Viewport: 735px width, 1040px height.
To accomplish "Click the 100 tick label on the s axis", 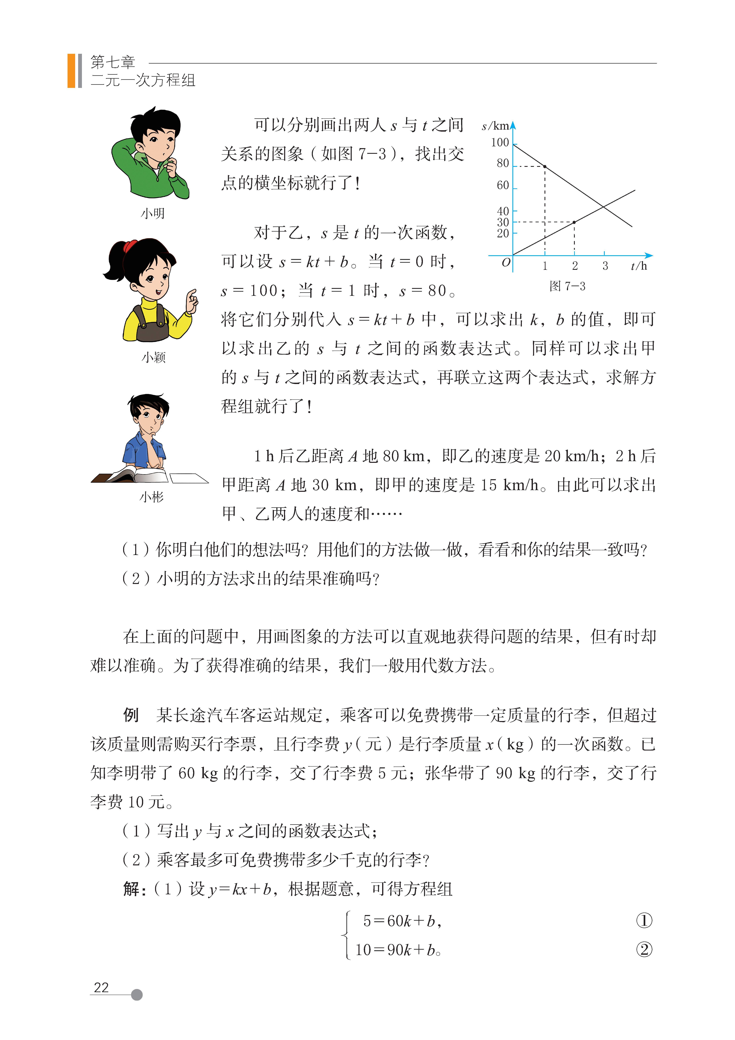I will tap(500, 143).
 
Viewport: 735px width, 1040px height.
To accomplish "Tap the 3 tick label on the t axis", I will tap(605, 266).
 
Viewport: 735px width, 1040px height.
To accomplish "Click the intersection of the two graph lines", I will tap(604, 207).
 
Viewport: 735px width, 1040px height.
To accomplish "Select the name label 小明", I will tap(153, 213).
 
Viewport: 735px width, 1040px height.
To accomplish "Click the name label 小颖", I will tap(154, 357).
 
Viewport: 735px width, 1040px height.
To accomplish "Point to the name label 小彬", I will tap(151, 497).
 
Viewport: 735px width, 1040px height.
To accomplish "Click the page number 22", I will tap(101, 988).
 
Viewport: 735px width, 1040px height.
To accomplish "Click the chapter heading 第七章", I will tap(113, 62).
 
